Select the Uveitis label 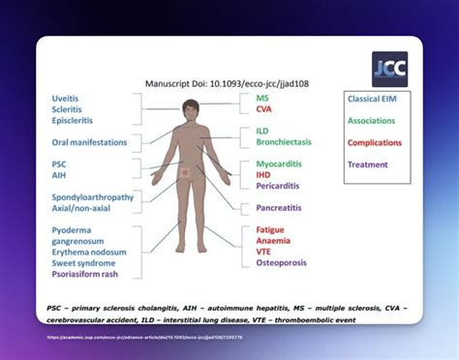pyautogui.click(x=67, y=98)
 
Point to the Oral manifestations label pyautogui.click(x=89, y=142)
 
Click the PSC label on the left pyautogui.click(x=59, y=165)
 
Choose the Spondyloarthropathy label pyautogui.click(x=93, y=196)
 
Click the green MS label pyautogui.click(x=262, y=98)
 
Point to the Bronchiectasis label pyautogui.click(x=283, y=142)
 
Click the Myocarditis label pyautogui.click(x=281, y=164)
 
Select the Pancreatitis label pyautogui.click(x=283, y=207)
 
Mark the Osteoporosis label pyautogui.click(x=283, y=264)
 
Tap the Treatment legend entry pyautogui.click(x=375, y=164)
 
